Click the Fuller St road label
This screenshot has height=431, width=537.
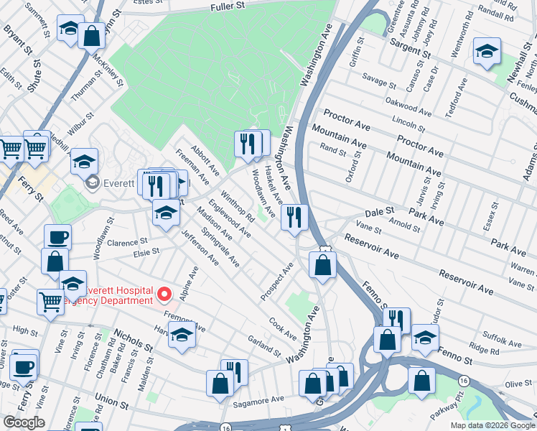click(228, 6)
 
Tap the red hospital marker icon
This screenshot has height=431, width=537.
click(164, 295)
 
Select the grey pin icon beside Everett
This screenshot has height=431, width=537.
click(93, 183)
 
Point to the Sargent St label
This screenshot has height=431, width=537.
click(410, 50)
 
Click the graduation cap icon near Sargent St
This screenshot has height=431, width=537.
click(487, 52)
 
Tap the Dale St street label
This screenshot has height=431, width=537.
click(380, 213)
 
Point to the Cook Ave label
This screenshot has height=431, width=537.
click(283, 330)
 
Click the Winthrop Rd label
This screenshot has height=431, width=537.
click(237, 205)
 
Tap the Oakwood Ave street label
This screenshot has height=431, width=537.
click(407, 108)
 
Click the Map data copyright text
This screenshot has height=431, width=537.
click(492, 425)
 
